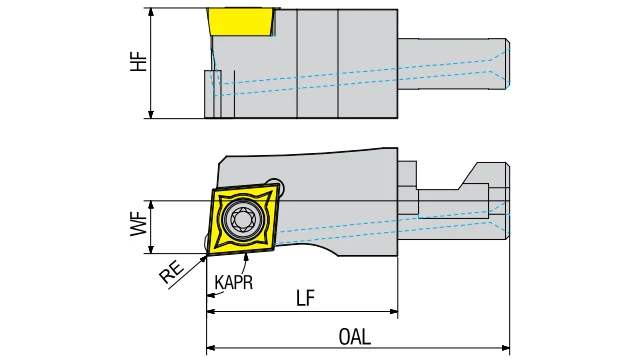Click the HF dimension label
(139, 62)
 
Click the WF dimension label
(139, 224)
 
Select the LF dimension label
(305, 298)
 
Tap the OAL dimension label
(355, 337)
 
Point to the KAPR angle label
(233, 282)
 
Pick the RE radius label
(171, 272)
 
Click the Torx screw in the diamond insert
(242, 221)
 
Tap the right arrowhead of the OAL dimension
(506, 348)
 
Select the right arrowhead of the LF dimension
(393, 311)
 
